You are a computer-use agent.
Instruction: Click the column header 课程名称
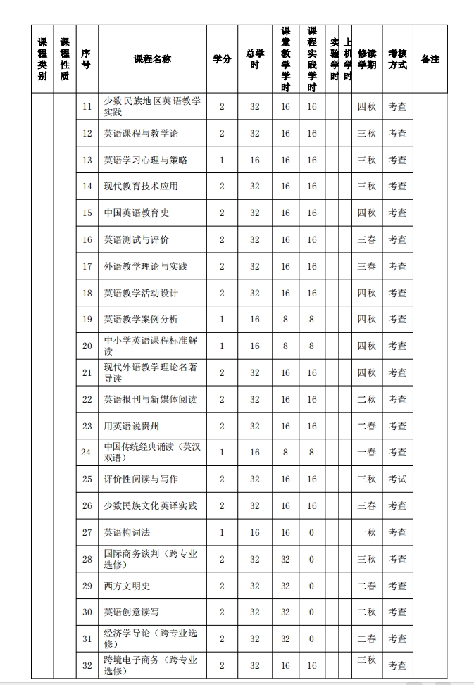152,59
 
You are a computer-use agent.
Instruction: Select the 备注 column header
430,59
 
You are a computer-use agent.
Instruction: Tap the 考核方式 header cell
397,59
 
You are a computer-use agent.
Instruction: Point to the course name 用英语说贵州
132,426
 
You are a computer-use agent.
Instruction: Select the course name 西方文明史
127,586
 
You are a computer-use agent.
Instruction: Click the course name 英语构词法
127,532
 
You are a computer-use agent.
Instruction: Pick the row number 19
87,320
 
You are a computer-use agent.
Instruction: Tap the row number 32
87,665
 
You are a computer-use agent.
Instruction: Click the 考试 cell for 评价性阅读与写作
397,479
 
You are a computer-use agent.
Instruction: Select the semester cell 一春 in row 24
366,453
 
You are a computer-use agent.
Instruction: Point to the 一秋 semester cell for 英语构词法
366,532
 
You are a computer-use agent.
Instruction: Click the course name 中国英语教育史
137,213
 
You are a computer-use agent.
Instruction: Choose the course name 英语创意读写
132,612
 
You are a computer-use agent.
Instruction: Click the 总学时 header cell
255,59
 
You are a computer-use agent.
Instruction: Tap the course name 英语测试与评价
137,239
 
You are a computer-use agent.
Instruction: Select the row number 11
87,106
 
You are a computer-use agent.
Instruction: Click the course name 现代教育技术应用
141,186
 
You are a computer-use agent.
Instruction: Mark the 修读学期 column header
367,59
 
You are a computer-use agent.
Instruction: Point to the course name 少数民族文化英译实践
151,505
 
